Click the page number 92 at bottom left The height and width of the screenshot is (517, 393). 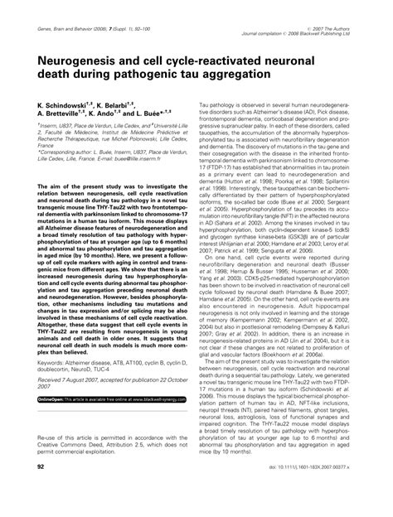coord(41,491)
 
